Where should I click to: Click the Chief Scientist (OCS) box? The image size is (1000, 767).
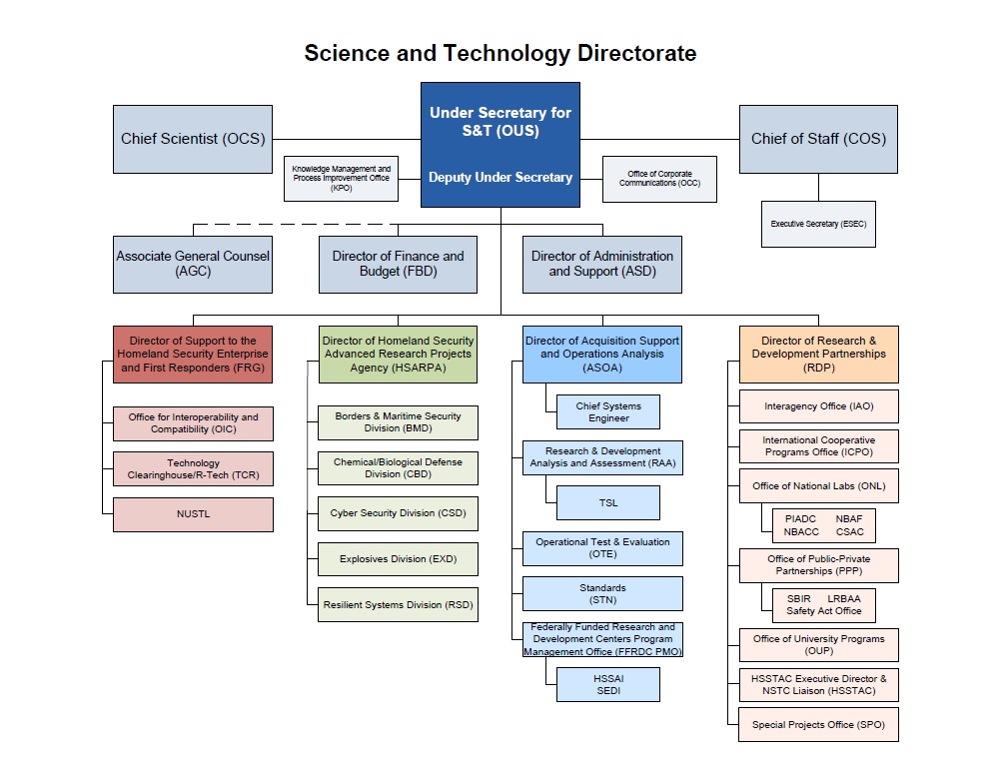193,139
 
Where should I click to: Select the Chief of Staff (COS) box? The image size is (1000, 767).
818,139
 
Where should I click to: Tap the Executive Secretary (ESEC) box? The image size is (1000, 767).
818,224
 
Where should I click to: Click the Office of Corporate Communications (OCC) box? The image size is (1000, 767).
659,179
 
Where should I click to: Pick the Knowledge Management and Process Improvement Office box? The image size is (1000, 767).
342,179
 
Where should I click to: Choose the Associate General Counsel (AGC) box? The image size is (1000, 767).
193,264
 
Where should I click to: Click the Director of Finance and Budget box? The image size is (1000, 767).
398,264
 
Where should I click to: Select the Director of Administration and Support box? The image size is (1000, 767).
602,264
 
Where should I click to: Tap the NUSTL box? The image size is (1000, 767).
193,514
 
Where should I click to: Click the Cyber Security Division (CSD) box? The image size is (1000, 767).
398,513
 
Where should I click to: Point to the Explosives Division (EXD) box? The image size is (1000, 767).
398,559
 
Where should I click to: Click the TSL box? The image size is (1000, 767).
608,502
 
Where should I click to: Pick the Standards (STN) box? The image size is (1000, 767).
602,593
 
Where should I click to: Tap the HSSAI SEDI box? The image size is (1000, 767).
608,684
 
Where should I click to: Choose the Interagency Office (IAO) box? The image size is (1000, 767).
818,406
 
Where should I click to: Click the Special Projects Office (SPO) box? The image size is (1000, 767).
818,724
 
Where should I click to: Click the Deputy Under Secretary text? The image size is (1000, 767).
500,178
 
